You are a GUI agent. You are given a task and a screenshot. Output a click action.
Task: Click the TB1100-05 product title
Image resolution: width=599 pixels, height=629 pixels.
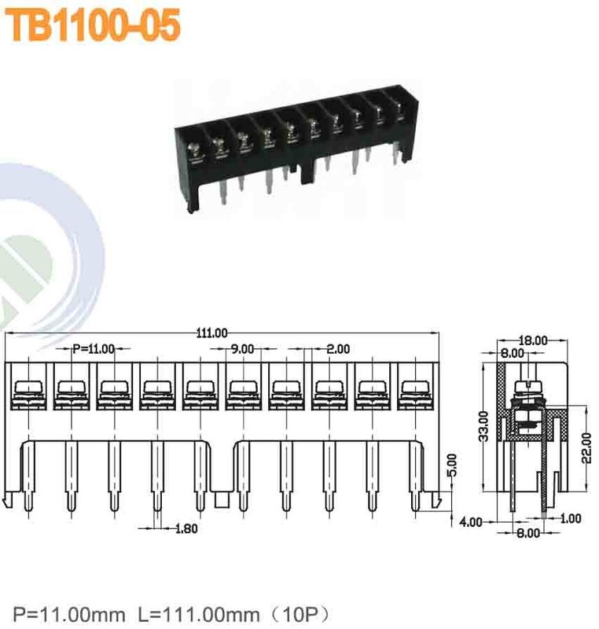[94, 26]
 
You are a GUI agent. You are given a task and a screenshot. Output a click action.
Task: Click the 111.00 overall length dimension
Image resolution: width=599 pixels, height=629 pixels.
[211, 333]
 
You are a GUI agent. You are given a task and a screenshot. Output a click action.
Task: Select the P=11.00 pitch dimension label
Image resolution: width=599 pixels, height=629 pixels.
[93, 348]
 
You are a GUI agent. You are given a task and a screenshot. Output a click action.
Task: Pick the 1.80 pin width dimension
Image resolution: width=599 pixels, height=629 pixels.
[185, 528]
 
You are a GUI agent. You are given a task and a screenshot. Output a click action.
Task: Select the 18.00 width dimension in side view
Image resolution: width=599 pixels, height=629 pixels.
[534, 340]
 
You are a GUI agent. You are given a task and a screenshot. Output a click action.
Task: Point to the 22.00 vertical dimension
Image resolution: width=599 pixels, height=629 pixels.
[585, 448]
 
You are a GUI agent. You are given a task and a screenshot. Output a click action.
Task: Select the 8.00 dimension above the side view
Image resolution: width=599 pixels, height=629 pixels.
[513, 354]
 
